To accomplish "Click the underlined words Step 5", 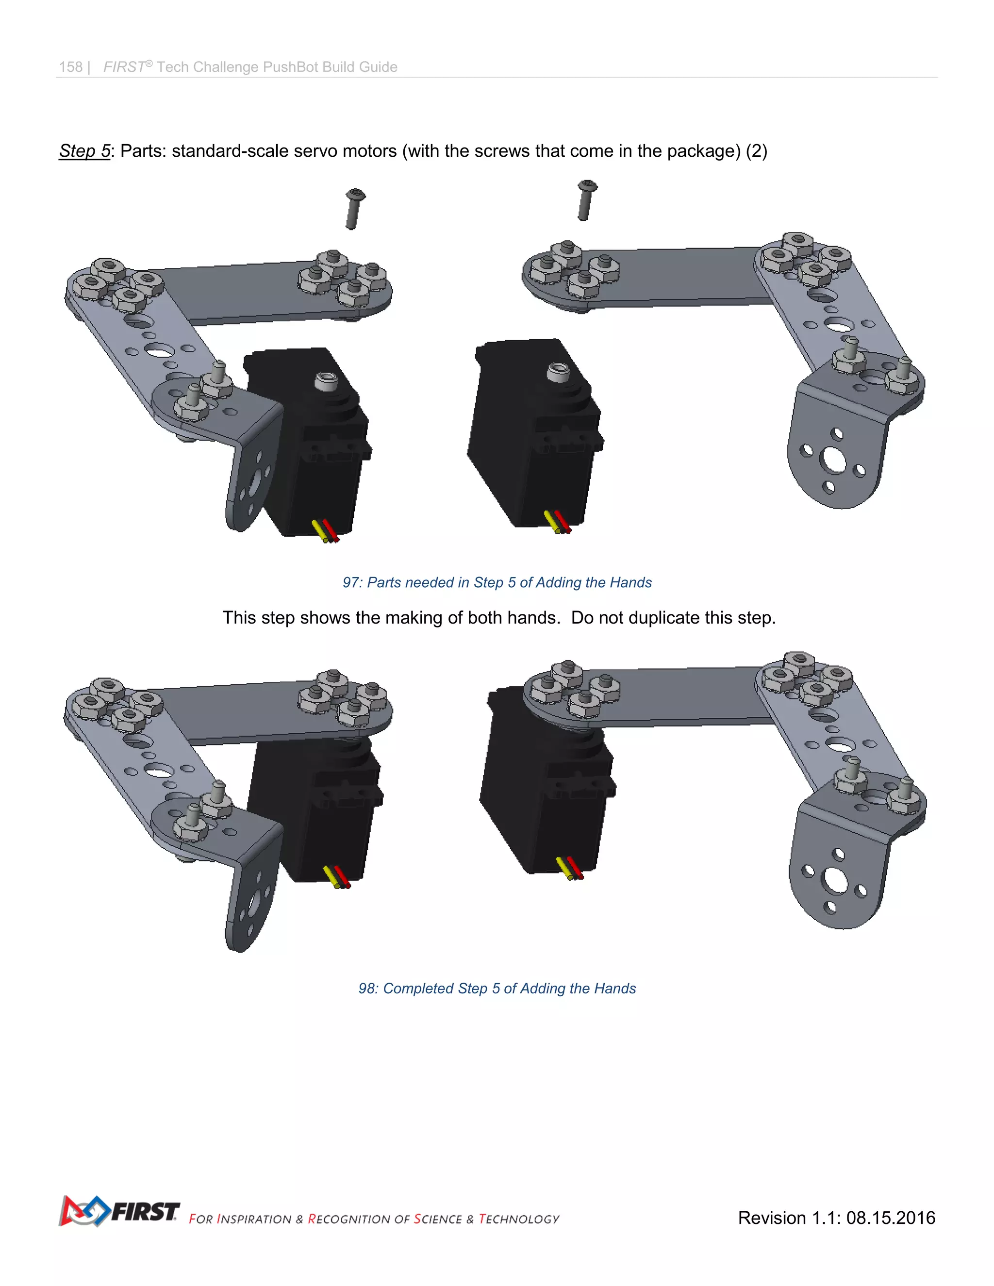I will [84, 151].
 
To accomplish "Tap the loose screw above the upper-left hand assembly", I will [354, 209].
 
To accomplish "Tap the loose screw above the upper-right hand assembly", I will [585, 200].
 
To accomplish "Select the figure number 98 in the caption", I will [367, 989].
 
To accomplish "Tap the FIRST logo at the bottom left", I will [118, 1211].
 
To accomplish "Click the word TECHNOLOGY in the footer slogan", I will [519, 1219].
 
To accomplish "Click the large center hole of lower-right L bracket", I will [835, 880].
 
